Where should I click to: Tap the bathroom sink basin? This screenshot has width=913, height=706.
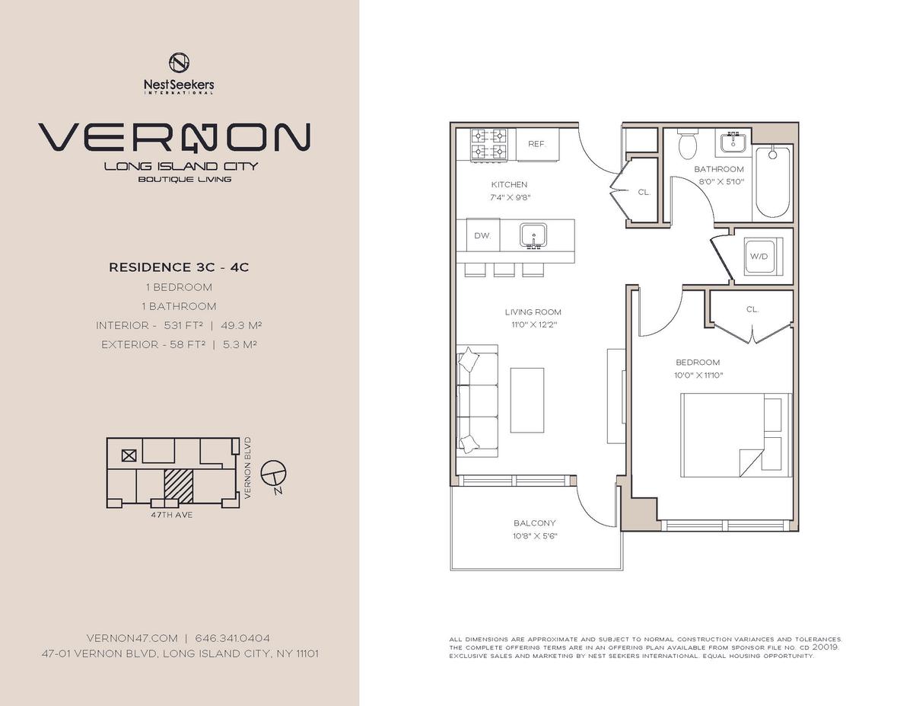733,142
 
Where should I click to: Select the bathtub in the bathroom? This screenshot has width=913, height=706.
773,181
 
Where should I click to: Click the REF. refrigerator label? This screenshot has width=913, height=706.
536,144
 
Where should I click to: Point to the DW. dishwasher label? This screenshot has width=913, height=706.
482,235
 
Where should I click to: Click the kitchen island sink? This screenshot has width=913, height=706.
533,236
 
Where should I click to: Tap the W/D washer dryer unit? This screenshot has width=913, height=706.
763,257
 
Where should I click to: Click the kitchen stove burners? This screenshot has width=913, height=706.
489,144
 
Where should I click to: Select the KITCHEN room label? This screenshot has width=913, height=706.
509,184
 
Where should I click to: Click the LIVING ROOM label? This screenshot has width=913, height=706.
533,312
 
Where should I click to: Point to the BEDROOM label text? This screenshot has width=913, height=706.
698,362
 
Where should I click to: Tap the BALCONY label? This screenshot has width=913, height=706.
534,523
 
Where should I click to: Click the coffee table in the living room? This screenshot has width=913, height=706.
526,401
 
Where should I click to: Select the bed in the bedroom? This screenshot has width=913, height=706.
736,435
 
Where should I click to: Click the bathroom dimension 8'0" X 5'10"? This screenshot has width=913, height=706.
721,182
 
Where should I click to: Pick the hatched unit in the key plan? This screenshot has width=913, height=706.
179,486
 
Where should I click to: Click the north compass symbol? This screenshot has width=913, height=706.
274,475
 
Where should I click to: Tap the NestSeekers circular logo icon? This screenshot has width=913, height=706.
179,62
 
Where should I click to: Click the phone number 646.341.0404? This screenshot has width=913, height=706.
232,638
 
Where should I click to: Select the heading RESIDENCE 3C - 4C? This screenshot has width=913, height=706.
179,267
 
